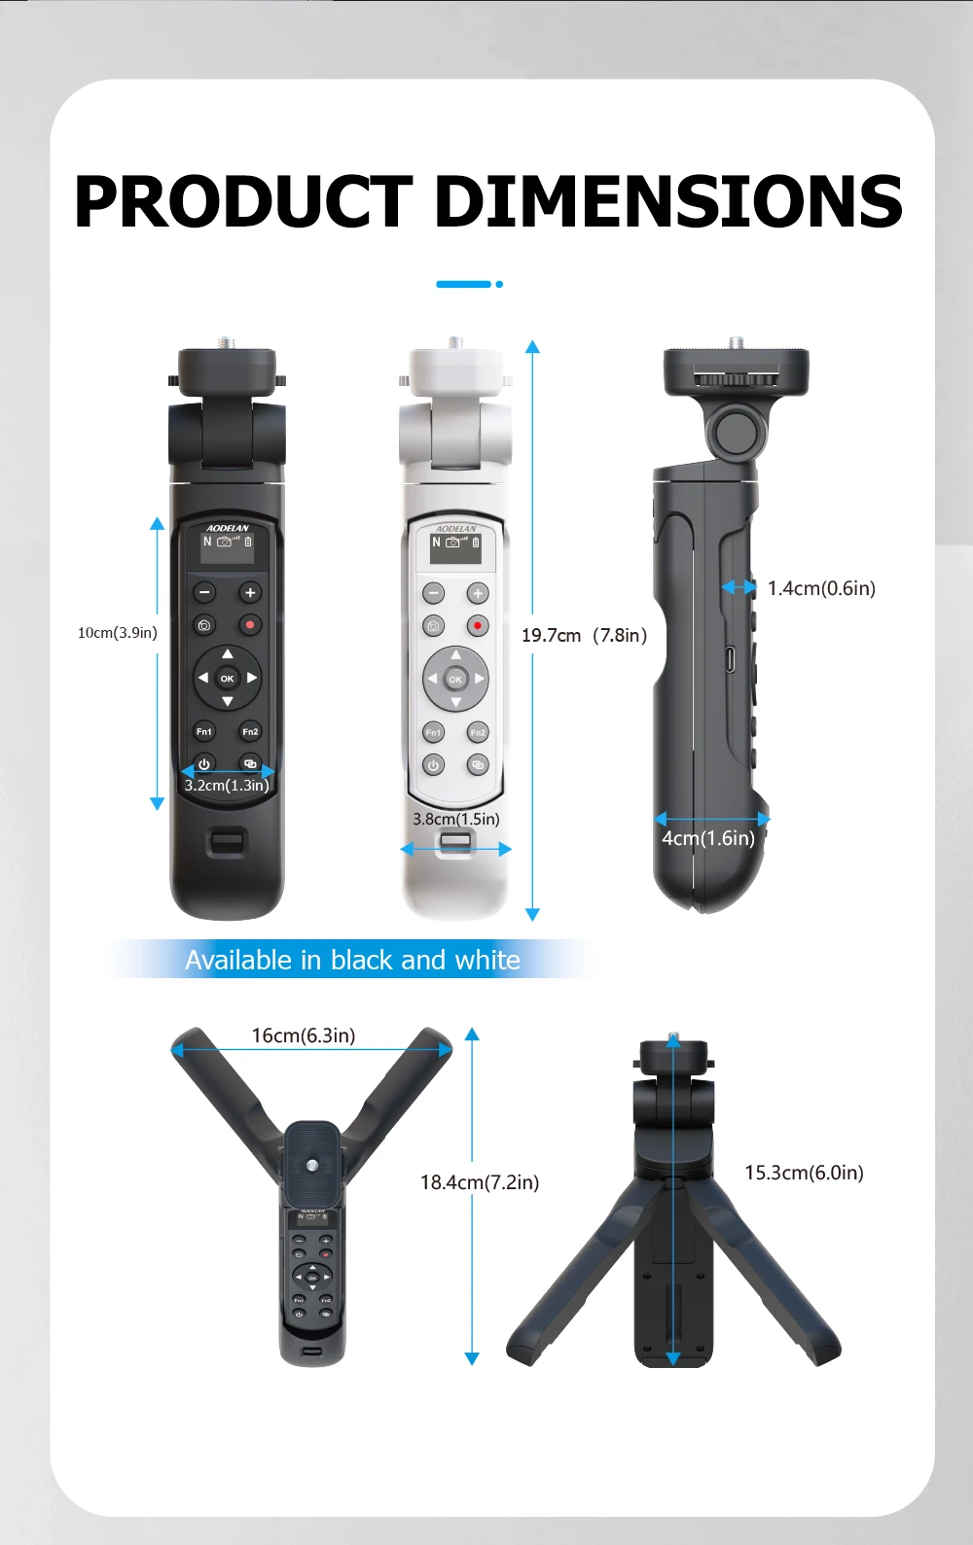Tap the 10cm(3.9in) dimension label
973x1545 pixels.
pyautogui.click(x=118, y=632)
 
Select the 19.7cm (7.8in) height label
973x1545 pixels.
pyautogui.click(x=584, y=635)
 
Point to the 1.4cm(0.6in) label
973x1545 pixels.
pyautogui.click(x=821, y=588)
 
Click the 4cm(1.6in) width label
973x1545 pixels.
pyautogui.click(x=708, y=838)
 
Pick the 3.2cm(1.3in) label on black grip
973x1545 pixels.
pyautogui.click(x=227, y=785)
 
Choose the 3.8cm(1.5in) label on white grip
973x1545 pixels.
pyautogui.click(x=456, y=819)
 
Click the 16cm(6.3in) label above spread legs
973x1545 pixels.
pyautogui.click(x=303, y=1036)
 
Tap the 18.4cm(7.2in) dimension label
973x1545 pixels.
pyautogui.click(x=480, y=1182)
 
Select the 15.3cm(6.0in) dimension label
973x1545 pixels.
pyautogui.click(x=804, y=1173)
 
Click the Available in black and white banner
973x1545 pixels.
pyautogui.click(x=352, y=960)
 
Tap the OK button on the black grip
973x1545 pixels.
pyautogui.click(x=227, y=679)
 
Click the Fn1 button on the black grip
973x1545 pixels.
pyautogui.click(x=204, y=732)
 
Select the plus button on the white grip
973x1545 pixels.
pyautogui.click(x=478, y=593)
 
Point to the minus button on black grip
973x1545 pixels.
pyautogui.click(x=204, y=592)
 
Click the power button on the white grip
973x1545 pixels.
pyautogui.click(x=433, y=765)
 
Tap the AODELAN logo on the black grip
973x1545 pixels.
pyautogui.click(x=227, y=528)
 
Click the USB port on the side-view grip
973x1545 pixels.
pyautogui.click(x=730, y=659)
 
